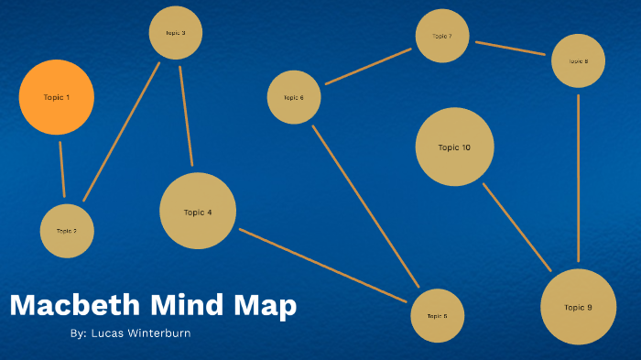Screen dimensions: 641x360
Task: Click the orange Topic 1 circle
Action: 57,97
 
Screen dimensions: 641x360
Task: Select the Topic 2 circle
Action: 67,231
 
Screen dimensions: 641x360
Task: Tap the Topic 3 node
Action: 176,33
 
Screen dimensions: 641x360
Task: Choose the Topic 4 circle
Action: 198,212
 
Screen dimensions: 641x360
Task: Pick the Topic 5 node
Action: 438,316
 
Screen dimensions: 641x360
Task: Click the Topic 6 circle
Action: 294,97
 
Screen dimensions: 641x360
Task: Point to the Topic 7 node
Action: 442,37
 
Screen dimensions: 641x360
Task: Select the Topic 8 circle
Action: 579,61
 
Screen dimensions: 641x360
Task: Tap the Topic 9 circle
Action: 579,307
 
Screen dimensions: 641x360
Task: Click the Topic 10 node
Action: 454,147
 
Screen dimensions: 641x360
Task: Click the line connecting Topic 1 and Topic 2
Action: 62,169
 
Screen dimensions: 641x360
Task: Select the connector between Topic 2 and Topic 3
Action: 121,132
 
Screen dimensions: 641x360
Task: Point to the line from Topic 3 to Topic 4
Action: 186,115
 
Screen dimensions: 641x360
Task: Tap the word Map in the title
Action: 264,306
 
